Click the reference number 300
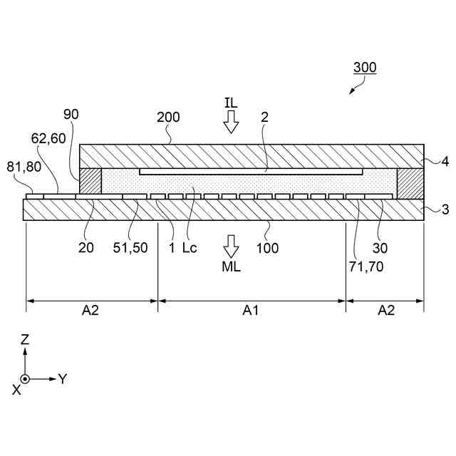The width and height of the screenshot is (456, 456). click(365, 68)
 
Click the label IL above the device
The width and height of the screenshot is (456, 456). click(230, 103)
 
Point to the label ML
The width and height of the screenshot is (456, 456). click(231, 268)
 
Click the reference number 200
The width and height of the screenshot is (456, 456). click(168, 118)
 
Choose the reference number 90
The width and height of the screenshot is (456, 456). click(71, 114)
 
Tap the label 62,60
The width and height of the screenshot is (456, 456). click(48, 138)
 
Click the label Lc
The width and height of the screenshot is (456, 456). click(190, 247)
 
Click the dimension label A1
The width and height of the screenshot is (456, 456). click(251, 310)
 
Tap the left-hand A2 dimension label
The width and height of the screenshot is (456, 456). click(90, 310)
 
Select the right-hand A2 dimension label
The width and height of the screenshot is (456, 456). click(385, 310)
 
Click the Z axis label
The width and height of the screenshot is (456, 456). click(25, 340)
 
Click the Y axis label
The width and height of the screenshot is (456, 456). click(62, 378)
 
